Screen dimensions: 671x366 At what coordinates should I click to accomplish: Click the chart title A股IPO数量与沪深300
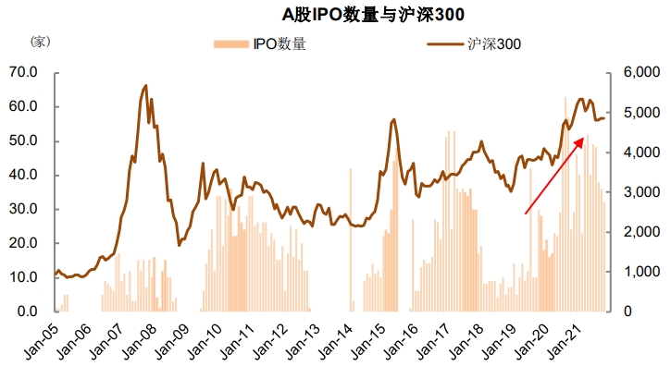pyautogui.click(x=373, y=15)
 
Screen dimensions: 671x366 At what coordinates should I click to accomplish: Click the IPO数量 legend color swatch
pyautogui.click(x=231, y=44)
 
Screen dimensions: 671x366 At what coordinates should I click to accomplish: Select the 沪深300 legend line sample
pyautogui.click(x=445, y=44)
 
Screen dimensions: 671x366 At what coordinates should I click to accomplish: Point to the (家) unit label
pyautogui.click(x=41, y=42)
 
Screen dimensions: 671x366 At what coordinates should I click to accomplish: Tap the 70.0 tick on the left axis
pyautogui.click(x=23, y=72)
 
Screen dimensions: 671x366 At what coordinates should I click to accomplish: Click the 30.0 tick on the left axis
pyautogui.click(x=23, y=209)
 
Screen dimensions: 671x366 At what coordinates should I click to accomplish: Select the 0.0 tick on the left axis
pyautogui.click(x=28, y=311)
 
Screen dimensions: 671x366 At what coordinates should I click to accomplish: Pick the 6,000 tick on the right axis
pyautogui.click(x=641, y=72)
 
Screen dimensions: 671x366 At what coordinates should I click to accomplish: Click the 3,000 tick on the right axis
pyautogui.click(x=641, y=192)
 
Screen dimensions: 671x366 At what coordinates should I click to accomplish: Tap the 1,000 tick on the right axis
pyautogui.click(x=641, y=272)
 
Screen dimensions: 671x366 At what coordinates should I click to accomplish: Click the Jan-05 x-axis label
pyautogui.click(x=41, y=341)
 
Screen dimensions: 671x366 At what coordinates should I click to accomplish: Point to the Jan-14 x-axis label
pyautogui.click(x=335, y=341)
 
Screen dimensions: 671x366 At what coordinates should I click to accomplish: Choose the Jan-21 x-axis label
pyautogui.click(x=564, y=341)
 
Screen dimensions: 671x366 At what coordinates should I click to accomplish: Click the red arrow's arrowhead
pyautogui.click(x=579, y=141)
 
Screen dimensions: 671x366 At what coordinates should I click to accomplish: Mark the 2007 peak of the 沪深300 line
pyautogui.click(x=146, y=86)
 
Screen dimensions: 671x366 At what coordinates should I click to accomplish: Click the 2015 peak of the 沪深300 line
pyautogui.click(x=393, y=119)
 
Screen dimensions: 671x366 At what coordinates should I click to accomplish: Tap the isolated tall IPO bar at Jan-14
pyautogui.click(x=351, y=239)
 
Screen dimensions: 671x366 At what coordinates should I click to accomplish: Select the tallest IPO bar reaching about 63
pyautogui.click(x=565, y=204)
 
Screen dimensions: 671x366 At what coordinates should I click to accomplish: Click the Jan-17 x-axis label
pyautogui.click(x=433, y=341)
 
